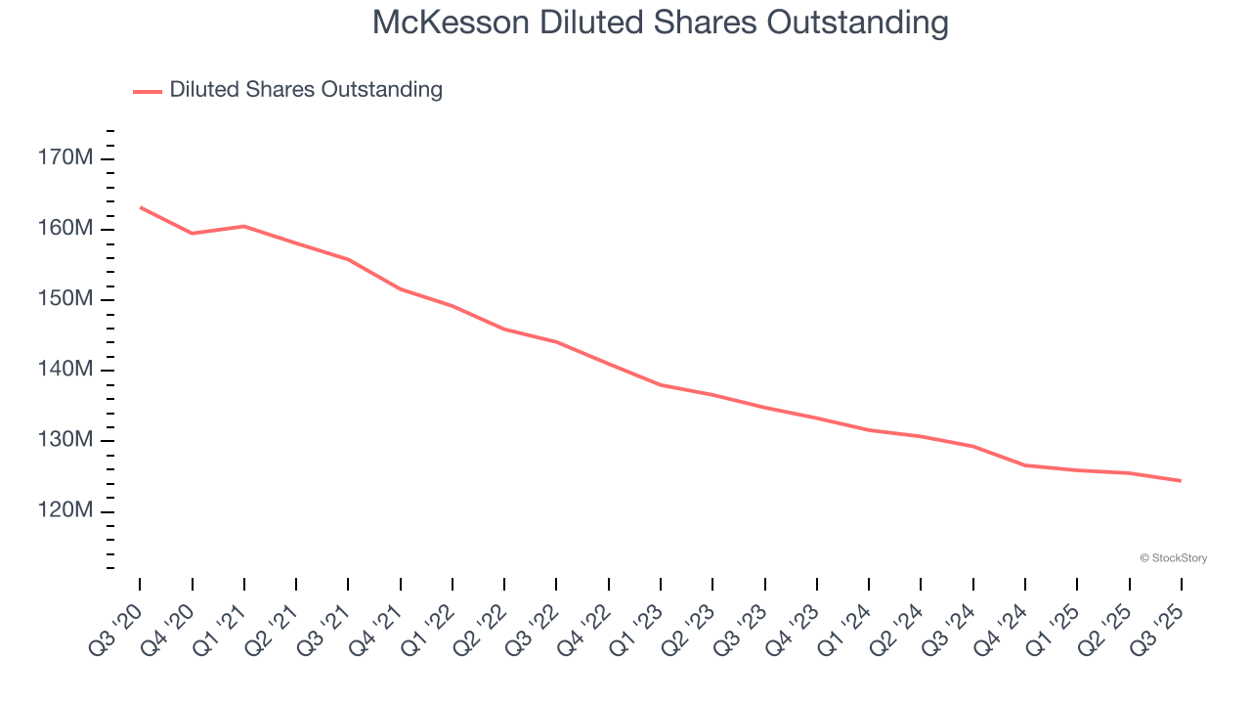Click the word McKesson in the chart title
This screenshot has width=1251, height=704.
click(451, 22)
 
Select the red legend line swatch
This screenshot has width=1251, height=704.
click(147, 91)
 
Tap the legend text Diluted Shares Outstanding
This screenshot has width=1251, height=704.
click(306, 90)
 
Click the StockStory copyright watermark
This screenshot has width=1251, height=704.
click(1173, 558)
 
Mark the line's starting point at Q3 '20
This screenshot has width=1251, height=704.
click(140, 207)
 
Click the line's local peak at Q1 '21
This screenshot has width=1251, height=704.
click(244, 226)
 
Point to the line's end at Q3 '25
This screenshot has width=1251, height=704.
click(1181, 481)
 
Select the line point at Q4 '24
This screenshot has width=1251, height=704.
click(1025, 465)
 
